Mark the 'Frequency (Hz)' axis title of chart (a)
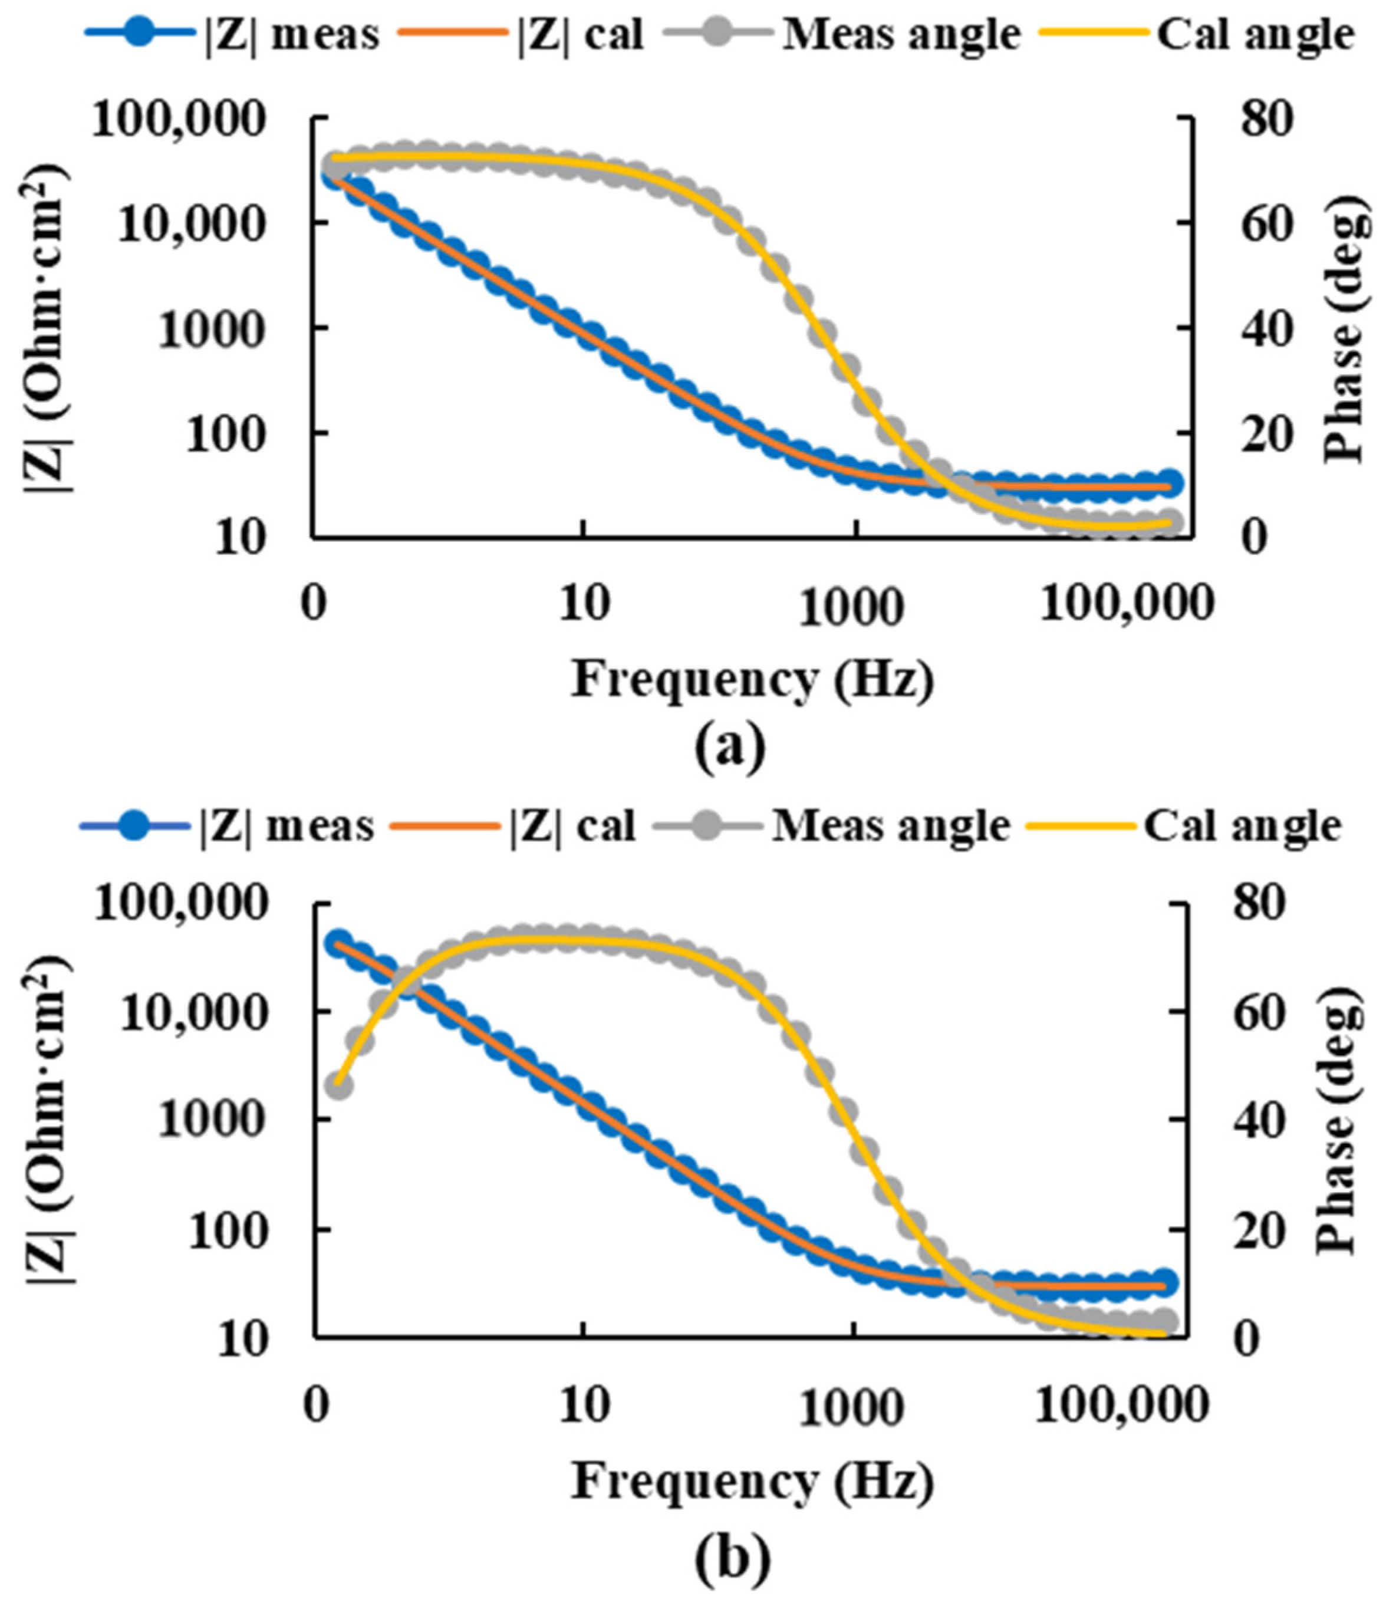pyautogui.click(x=752, y=680)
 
